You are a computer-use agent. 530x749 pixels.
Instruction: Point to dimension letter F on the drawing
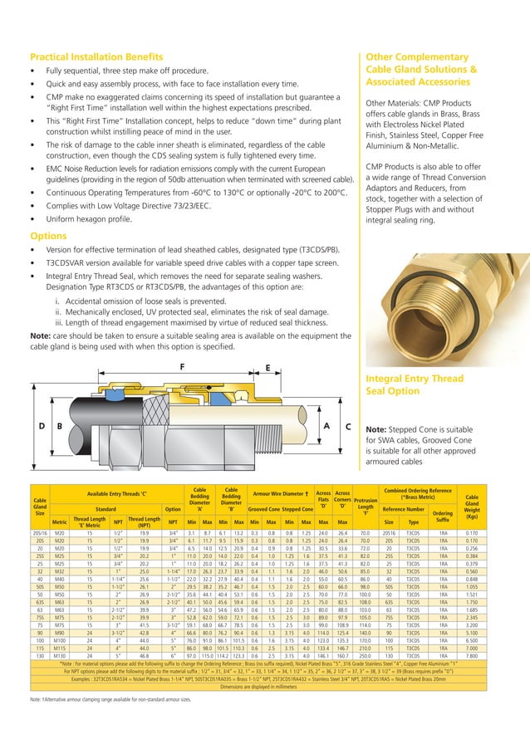click(x=182, y=366)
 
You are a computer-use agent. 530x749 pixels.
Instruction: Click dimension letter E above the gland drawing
click(x=267, y=367)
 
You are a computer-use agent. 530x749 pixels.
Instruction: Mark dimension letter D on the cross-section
click(x=42, y=426)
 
